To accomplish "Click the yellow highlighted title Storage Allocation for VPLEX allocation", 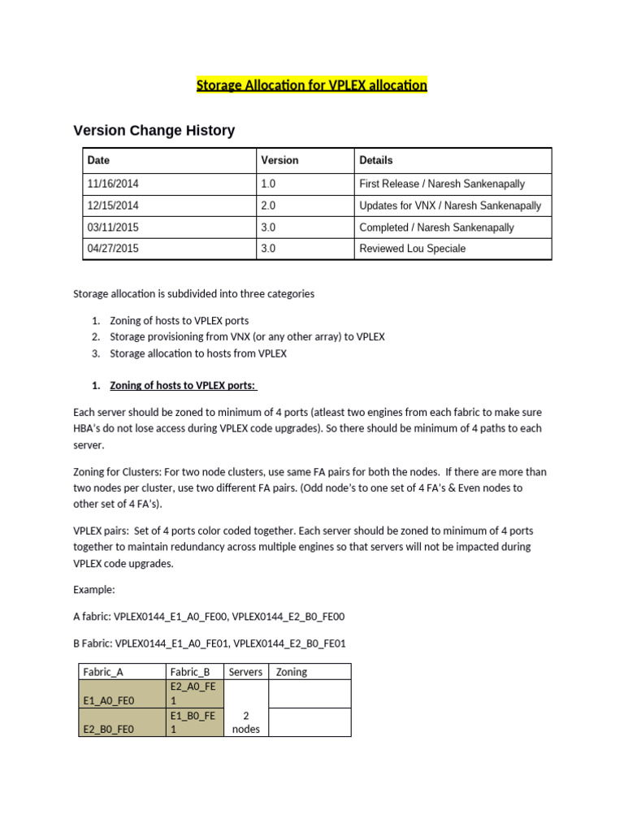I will [x=311, y=85].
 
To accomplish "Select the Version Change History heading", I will [x=154, y=130].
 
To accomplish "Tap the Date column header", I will [x=98, y=161].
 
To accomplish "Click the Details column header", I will [x=375, y=161].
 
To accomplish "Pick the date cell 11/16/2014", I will [x=113, y=184].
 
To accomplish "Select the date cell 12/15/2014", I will [x=113, y=206].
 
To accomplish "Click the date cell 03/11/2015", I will [x=113, y=227].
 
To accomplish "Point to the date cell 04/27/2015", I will [x=113, y=249].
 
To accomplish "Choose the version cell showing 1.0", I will [x=268, y=184].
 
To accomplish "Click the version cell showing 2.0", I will [x=268, y=206].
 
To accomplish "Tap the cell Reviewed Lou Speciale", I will [x=413, y=249].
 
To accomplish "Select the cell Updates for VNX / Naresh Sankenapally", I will [x=449, y=206].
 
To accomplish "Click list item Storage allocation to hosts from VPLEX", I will [x=198, y=353].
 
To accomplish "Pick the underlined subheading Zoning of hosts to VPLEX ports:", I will [x=184, y=385].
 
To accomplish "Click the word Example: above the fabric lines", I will [x=94, y=588].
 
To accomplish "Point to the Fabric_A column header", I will [x=103, y=672].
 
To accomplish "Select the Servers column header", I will [x=245, y=672].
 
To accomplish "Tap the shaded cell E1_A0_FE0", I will [x=109, y=700].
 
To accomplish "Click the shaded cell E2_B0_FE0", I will [x=109, y=729].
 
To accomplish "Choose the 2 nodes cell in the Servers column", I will [x=245, y=722].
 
